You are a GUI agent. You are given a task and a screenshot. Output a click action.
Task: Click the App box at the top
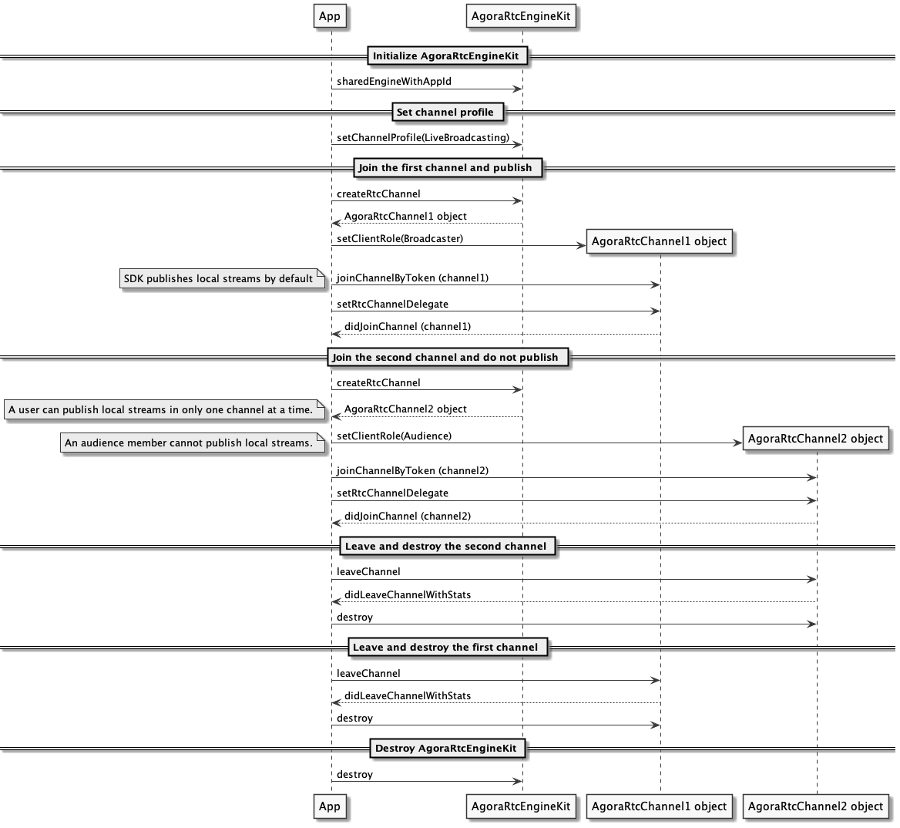(x=330, y=16)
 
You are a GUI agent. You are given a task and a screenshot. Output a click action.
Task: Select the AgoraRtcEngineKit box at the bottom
(x=521, y=806)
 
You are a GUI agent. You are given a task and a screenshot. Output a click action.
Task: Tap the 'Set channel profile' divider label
(x=445, y=112)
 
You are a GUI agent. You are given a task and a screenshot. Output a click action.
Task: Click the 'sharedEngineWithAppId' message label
(x=394, y=82)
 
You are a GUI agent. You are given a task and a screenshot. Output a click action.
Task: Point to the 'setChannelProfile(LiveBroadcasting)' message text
(x=423, y=138)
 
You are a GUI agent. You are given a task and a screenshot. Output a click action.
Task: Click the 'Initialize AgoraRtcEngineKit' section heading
(x=445, y=56)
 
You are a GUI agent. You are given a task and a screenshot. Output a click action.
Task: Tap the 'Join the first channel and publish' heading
(x=445, y=167)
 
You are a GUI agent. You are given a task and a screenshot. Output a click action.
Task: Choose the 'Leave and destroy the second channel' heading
(x=445, y=546)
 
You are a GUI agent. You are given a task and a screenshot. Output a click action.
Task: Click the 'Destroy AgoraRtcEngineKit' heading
(x=446, y=748)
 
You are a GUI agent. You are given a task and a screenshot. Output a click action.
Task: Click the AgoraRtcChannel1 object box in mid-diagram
(x=659, y=241)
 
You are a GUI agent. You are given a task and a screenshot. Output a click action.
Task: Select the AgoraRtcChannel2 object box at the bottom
(x=815, y=806)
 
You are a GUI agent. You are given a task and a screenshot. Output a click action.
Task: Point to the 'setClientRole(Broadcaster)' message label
(x=400, y=238)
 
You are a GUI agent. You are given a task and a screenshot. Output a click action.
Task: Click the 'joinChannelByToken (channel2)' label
(x=413, y=471)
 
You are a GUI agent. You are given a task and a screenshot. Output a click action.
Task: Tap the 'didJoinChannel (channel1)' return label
(x=408, y=327)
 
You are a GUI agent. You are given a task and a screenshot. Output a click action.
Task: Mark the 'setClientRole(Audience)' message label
(x=395, y=436)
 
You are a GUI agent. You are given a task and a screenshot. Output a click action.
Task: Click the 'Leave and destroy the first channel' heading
(x=445, y=647)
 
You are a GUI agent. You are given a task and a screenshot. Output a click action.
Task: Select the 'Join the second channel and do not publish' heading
(x=445, y=357)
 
